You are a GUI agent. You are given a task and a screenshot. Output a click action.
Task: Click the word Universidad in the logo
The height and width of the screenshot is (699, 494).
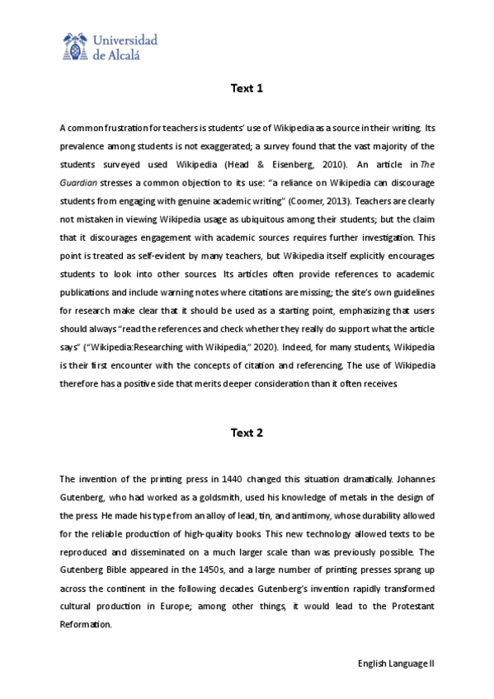125,40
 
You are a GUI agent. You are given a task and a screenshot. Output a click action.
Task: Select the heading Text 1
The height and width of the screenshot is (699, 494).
247,88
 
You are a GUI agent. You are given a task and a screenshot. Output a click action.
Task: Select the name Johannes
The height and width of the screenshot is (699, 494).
409,478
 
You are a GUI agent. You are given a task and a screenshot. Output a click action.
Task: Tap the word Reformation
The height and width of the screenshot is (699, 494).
86,625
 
